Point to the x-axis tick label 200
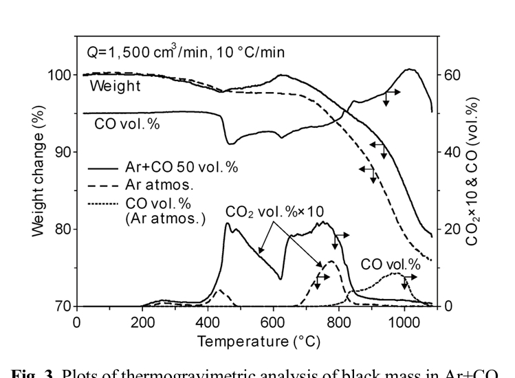142,321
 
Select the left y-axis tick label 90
61,152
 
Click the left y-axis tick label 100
57,74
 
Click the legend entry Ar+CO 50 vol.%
181,167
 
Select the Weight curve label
115,87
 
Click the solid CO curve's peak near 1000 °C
410,69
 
